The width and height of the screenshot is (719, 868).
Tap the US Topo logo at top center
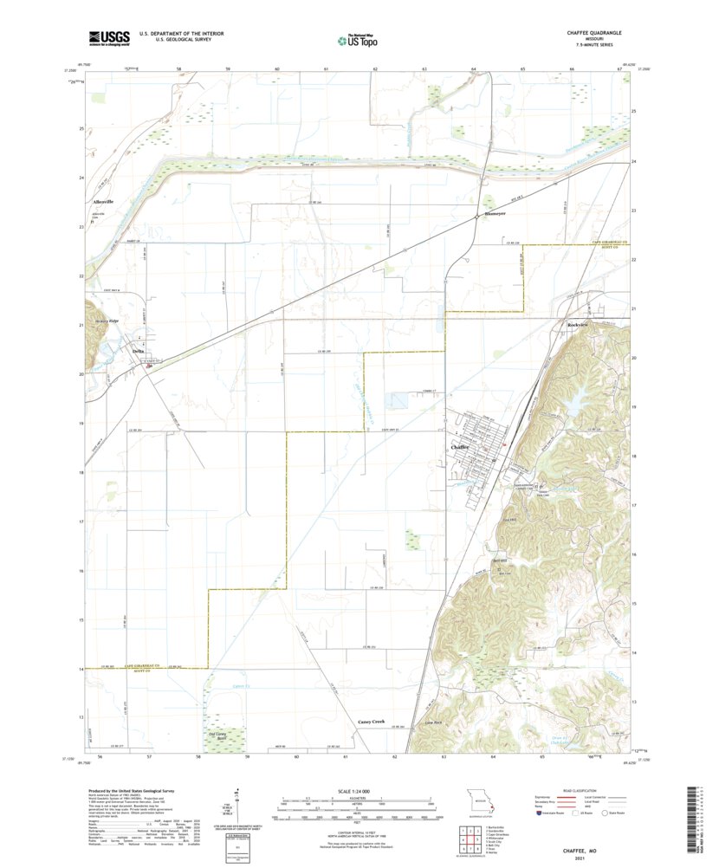tap(358, 38)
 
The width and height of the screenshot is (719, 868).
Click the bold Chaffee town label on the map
tap(461, 447)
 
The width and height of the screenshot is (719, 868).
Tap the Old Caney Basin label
tap(224, 738)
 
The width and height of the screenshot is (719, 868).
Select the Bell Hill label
tap(499, 560)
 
